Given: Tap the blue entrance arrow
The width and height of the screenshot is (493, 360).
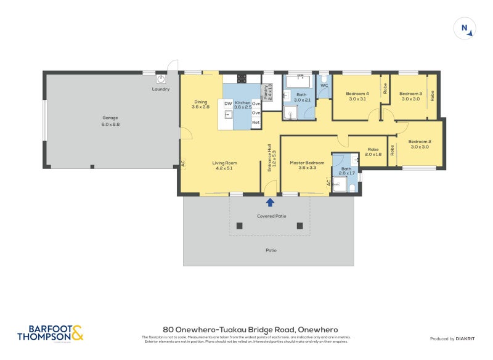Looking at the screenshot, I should point(269,202).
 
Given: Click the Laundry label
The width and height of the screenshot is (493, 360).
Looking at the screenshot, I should point(160,89).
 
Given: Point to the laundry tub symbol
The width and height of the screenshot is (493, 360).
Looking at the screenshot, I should point(161,79).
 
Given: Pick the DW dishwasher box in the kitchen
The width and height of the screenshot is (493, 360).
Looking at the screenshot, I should point(227,104).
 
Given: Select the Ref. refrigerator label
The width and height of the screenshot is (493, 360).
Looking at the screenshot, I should point(256,123).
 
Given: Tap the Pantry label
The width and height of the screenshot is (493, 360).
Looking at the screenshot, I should point(267,93).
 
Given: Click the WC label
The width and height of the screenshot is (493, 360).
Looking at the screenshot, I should point(323,86).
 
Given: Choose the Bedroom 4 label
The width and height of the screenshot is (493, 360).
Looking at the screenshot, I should point(357,96).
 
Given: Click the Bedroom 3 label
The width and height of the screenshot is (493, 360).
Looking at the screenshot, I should point(410,96).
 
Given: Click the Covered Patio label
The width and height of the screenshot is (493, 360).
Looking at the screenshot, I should point(271,216).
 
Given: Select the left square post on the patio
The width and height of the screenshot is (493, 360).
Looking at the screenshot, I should point(240,226).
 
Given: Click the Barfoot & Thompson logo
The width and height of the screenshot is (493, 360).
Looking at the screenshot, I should point(51,333).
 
